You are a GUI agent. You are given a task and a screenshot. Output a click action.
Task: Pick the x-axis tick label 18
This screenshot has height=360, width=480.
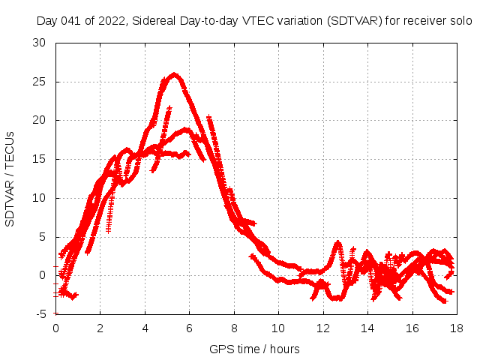pos(455,328)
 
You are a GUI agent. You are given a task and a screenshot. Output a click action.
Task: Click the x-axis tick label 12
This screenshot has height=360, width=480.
pos(322,328)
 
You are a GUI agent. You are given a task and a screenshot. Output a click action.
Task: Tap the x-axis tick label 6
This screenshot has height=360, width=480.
pos(189,328)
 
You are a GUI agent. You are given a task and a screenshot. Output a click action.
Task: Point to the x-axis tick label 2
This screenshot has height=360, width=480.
pos(100,328)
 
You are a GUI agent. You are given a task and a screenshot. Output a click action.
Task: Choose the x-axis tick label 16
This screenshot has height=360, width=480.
pos(411,328)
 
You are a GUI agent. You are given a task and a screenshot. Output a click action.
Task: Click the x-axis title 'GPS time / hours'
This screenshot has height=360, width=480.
pos(255,349)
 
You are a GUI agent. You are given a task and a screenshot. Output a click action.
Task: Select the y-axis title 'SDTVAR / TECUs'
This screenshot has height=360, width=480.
pos(10,178)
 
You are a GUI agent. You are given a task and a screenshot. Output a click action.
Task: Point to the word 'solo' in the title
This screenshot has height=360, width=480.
pos(460,21)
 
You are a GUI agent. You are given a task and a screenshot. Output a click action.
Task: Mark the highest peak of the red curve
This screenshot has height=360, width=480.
pos(175,74)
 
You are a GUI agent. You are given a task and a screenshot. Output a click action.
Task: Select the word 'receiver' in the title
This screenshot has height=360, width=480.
pos(424,21)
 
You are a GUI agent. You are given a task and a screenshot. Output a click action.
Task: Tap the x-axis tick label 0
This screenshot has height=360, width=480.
pos(55,328)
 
